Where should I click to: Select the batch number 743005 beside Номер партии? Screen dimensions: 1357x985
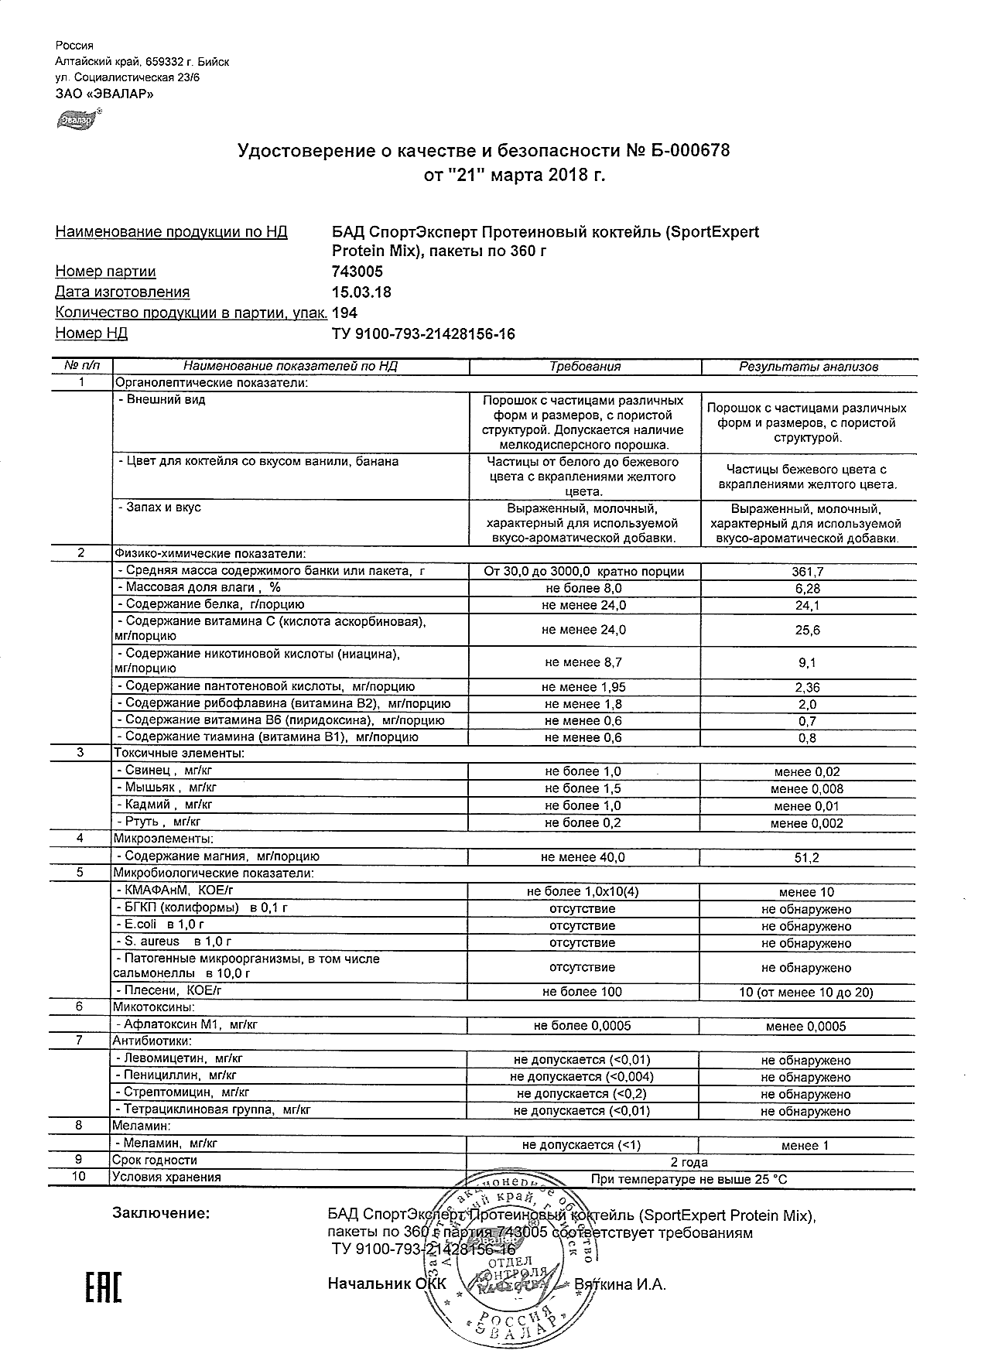click(357, 272)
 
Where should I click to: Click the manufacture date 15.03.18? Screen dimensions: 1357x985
click(361, 292)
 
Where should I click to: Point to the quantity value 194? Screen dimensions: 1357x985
click(344, 313)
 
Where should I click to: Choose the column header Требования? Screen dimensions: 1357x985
click(584, 367)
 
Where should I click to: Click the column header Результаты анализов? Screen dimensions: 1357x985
click(808, 367)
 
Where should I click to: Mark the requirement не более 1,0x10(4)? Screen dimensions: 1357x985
click(583, 892)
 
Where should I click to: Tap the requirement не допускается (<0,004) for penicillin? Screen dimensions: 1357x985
click(582, 1077)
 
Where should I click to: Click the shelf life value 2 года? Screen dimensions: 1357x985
click(689, 1162)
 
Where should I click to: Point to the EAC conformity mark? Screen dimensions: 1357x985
click(102, 1285)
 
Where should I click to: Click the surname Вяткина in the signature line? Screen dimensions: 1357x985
click(610, 1284)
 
